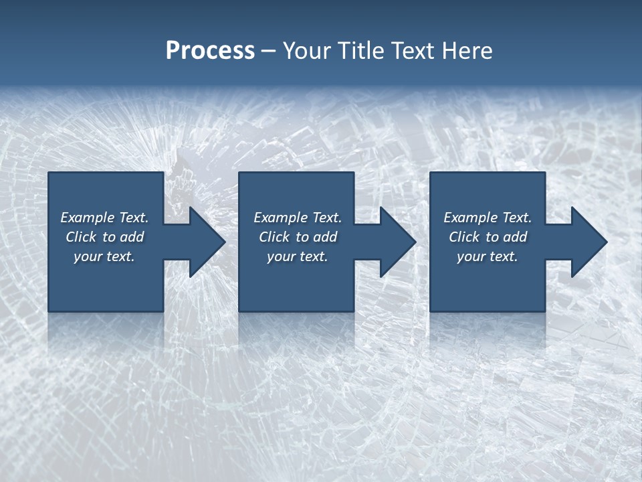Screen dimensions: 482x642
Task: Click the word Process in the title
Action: coord(210,51)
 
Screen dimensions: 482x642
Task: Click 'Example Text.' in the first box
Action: coord(104,218)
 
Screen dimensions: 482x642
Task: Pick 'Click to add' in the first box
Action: coord(104,237)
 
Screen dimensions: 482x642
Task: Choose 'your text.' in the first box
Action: coord(104,256)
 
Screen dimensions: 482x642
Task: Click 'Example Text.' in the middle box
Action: coord(298,218)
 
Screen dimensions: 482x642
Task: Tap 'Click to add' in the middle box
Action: coord(298,237)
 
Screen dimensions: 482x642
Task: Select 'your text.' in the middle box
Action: coord(298,256)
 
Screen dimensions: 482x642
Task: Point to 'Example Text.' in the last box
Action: coord(488,218)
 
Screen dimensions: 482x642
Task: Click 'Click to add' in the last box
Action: coord(488,237)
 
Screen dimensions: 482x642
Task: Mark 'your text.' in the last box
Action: coord(488,256)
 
